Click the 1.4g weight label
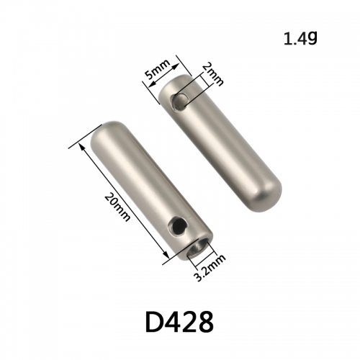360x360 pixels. pyautogui.click(x=300, y=38)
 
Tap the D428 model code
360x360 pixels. pyautogui.click(x=179, y=322)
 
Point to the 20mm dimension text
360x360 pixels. pyautogui.click(x=117, y=207)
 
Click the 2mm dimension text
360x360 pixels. pyautogui.click(x=213, y=75)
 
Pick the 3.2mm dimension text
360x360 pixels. pyautogui.click(x=210, y=268)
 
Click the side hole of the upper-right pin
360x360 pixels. pyautogui.click(x=179, y=102)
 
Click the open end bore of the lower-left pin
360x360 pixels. pyautogui.click(x=197, y=248)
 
